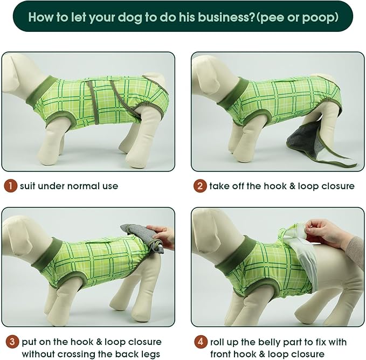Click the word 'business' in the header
[x=223, y=17]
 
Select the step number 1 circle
[x=10, y=186]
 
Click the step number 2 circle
[x=200, y=186]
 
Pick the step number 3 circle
[x=12, y=342]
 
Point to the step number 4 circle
[x=201, y=342]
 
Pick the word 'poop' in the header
[x=318, y=18]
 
